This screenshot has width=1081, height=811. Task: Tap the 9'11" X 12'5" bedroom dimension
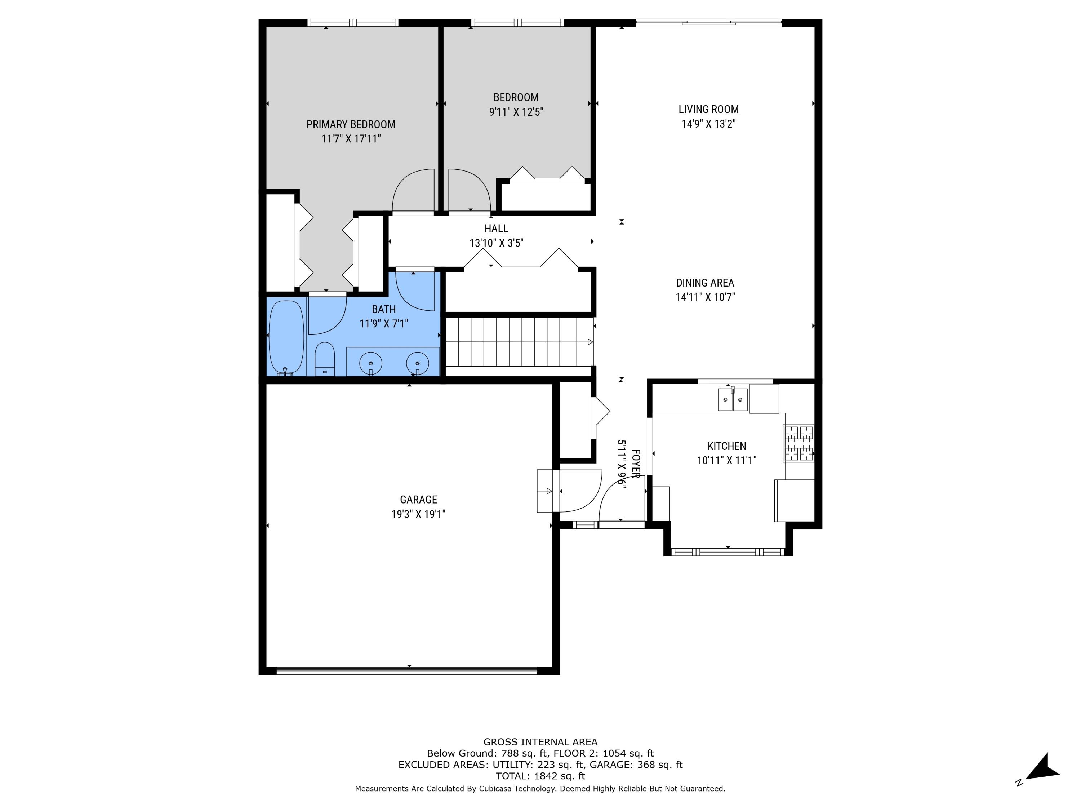[x=516, y=112]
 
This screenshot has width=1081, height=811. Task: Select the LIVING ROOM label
[x=708, y=110]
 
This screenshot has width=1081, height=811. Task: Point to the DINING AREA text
[x=705, y=283]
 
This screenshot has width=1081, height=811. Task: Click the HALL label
[x=496, y=228]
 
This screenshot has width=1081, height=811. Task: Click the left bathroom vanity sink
[x=370, y=364]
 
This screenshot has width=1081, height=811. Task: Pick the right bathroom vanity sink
[x=417, y=364]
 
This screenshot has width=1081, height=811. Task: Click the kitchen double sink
[x=733, y=399]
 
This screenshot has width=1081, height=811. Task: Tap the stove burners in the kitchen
[x=798, y=443]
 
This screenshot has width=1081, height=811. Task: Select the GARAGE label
[x=418, y=500]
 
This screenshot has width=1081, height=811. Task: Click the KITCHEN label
[x=727, y=446]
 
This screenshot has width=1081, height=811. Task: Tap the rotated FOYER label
[x=635, y=464]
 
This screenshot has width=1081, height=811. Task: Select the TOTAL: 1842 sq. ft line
[x=540, y=776]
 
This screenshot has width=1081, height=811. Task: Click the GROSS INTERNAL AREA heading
[x=540, y=742]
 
